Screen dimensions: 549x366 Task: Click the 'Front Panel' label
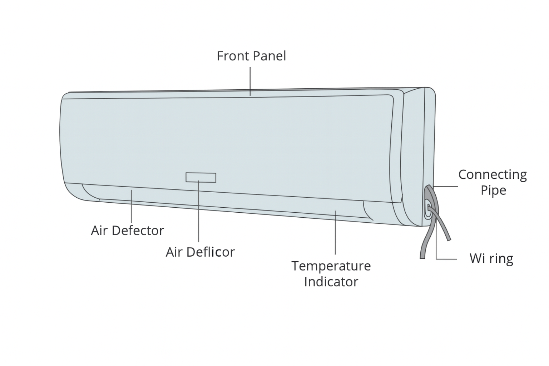click(x=252, y=56)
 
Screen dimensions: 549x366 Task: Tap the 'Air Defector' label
click(x=128, y=231)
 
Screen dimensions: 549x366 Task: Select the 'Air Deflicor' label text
click(x=200, y=252)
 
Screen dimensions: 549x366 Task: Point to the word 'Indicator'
click(x=331, y=282)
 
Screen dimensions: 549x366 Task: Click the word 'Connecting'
click(x=493, y=175)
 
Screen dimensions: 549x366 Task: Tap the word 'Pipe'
click(x=493, y=191)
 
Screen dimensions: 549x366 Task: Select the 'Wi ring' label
click(x=491, y=259)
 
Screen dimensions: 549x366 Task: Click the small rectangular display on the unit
click(x=201, y=178)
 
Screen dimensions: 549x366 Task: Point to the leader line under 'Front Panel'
click(x=250, y=81)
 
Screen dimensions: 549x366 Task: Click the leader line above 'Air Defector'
click(x=132, y=206)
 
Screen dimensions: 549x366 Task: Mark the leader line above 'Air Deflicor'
click(x=198, y=211)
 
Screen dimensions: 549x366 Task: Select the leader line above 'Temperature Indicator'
click(x=335, y=232)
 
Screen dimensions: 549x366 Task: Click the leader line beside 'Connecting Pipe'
click(x=446, y=187)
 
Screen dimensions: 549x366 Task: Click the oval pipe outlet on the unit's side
click(x=428, y=208)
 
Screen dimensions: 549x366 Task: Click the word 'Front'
click(x=233, y=56)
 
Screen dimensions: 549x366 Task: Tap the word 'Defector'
click(x=138, y=231)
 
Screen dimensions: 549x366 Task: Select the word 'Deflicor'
click(x=211, y=252)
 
